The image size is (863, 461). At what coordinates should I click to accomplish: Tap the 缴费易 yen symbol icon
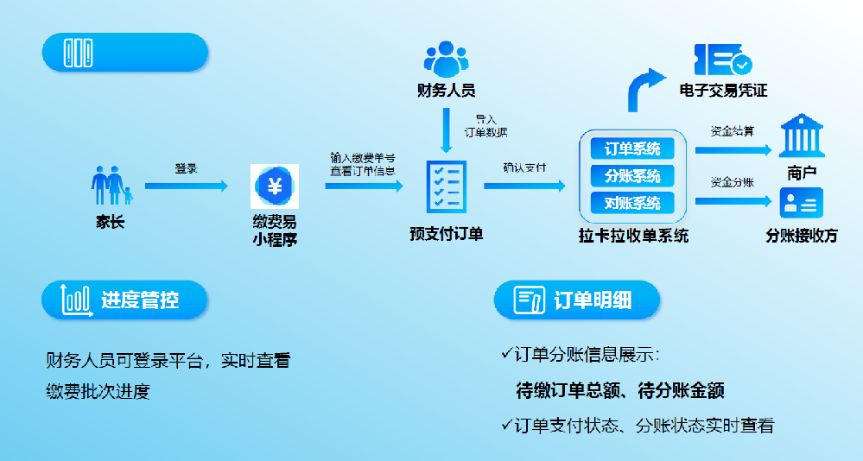pyautogui.click(x=275, y=186)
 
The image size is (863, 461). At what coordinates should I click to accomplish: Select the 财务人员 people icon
pyautogui.click(x=445, y=58)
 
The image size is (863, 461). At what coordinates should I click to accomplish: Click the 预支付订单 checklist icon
pyautogui.click(x=446, y=186)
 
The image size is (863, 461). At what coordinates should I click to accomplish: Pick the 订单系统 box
pyautogui.click(x=632, y=148)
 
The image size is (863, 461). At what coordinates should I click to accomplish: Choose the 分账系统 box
pyautogui.click(x=632, y=176)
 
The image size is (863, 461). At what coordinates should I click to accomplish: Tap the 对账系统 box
pyautogui.click(x=632, y=204)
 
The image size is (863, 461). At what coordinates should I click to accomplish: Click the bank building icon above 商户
pyautogui.click(x=801, y=136)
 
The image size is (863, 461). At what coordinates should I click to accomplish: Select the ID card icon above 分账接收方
pyautogui.click(x=801, y=204)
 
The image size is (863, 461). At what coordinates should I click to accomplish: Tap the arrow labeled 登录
pyautogui.click(x=186, y=186)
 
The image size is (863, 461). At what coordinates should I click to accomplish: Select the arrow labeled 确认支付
pyautogui.click(x=524, y=186)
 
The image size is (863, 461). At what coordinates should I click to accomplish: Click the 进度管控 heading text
pyautogui.click(x=140, y=300)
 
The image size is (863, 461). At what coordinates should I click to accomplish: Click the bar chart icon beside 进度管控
pyautogui.click(x=76, y=300)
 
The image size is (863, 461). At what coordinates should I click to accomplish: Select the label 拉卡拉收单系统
pyautogui.click(x=633, y=235)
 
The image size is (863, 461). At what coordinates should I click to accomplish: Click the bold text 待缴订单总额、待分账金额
pyautogui.click(x=619, y=390)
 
